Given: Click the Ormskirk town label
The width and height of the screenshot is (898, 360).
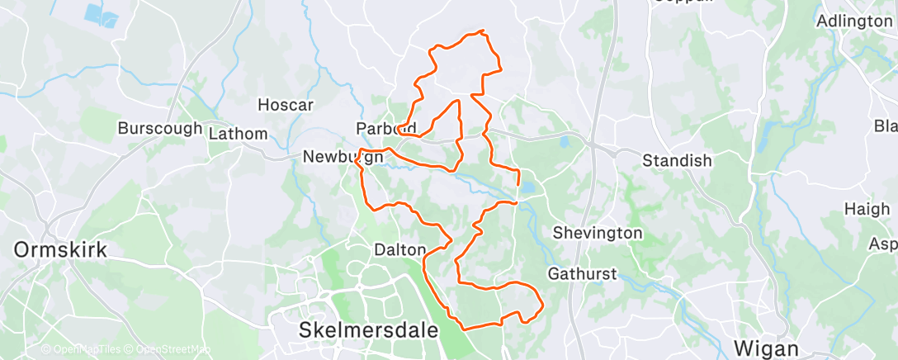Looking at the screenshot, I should tap(61, 249).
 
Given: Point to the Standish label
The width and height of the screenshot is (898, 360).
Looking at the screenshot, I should tap(677, 160).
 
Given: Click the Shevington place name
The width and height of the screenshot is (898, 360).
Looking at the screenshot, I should tap(598, 233).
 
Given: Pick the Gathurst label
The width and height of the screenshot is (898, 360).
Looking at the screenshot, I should tap(581, 272).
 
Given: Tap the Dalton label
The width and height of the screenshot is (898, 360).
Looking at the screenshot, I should tap(399, 249).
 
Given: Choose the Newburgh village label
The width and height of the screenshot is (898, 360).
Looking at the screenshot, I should tap(343, 156).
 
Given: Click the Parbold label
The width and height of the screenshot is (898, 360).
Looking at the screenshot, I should tap(385, 129).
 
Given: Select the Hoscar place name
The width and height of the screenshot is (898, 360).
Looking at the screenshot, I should tap(286, 105).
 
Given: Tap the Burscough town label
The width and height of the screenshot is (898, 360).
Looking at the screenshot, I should tap(159, 128).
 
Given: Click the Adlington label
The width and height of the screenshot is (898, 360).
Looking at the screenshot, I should tap(853, 21).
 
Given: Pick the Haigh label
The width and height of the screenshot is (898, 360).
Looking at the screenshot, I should tap(866, 210).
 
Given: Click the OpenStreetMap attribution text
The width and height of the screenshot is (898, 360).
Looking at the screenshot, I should tap(173, 349).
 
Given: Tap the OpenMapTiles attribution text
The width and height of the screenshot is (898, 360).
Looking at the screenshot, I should tap(82, 349).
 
